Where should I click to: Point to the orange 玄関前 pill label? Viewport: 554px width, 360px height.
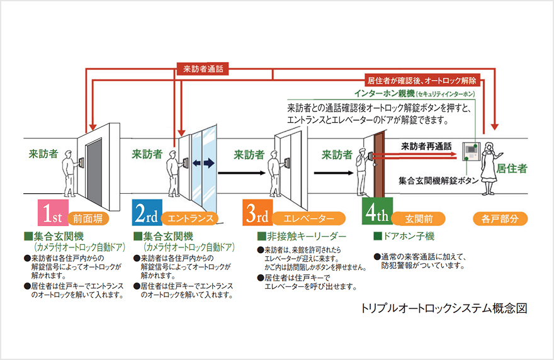pyautogui.click(x=419, y=218)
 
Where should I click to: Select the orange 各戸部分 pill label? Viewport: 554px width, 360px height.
pyautogui.click(x=500, y=218)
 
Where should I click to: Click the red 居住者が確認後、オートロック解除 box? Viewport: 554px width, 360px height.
pyautogui.click(x=421, y=81)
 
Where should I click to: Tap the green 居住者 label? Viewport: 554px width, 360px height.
pyautogui.click(x=512, y=168)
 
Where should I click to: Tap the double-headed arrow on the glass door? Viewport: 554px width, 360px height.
pyautogui.click(x=204, y=163)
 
